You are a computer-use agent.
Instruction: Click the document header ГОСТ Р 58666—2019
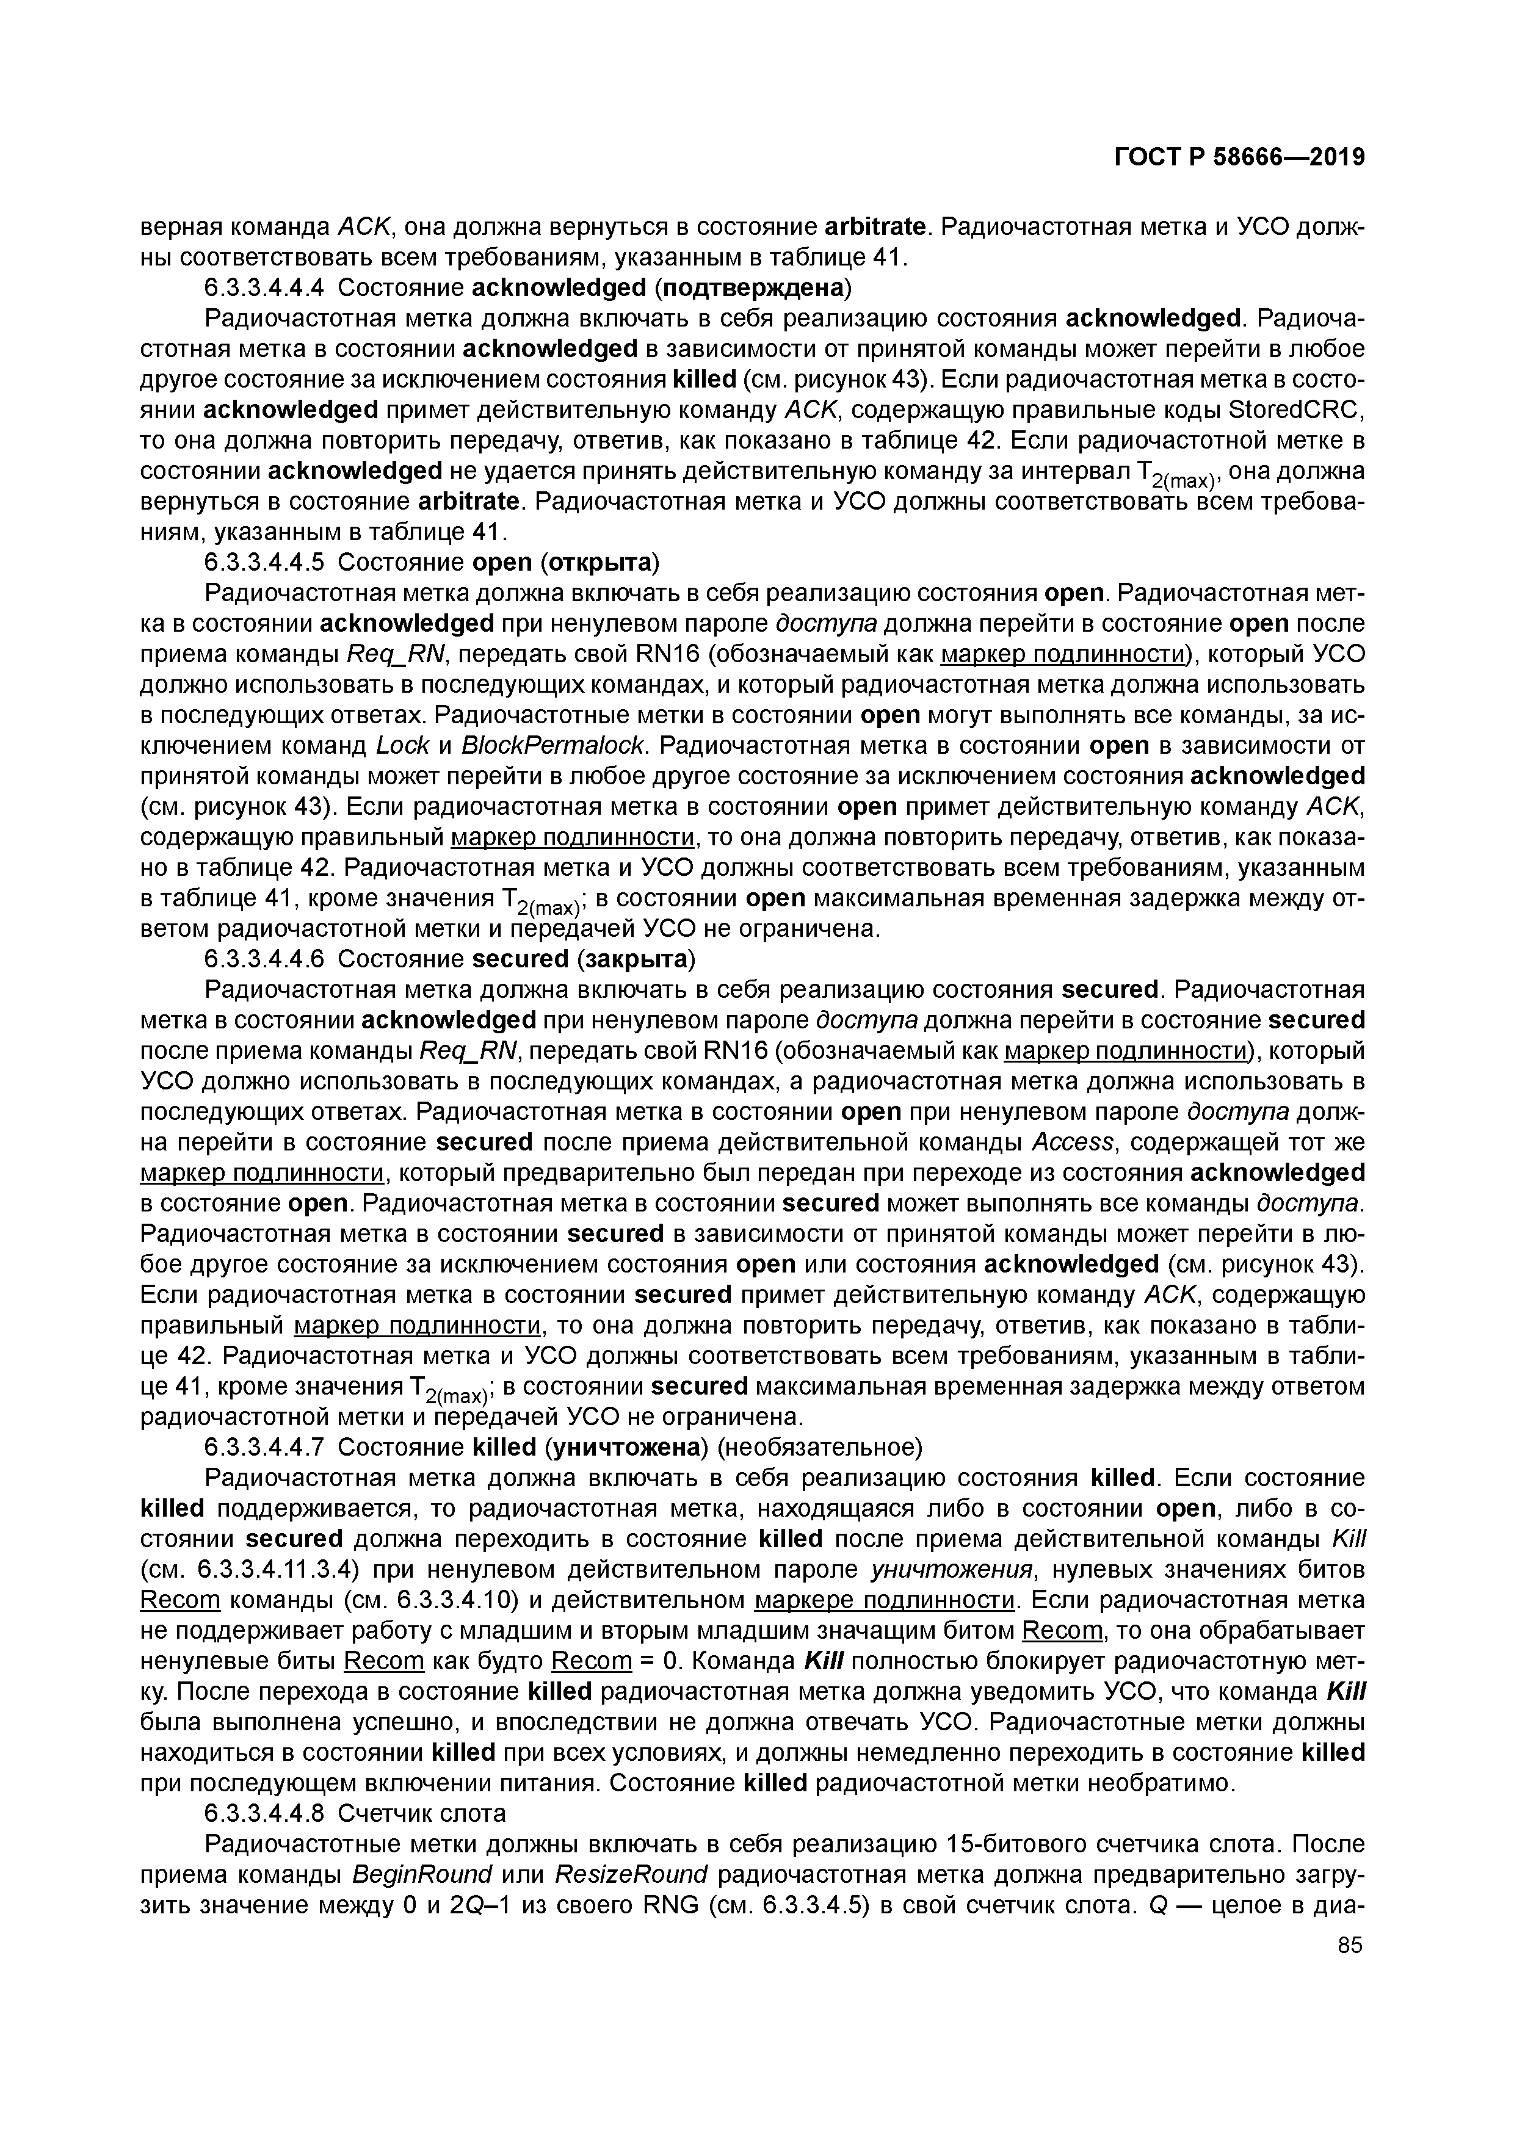coord(1239,157)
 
